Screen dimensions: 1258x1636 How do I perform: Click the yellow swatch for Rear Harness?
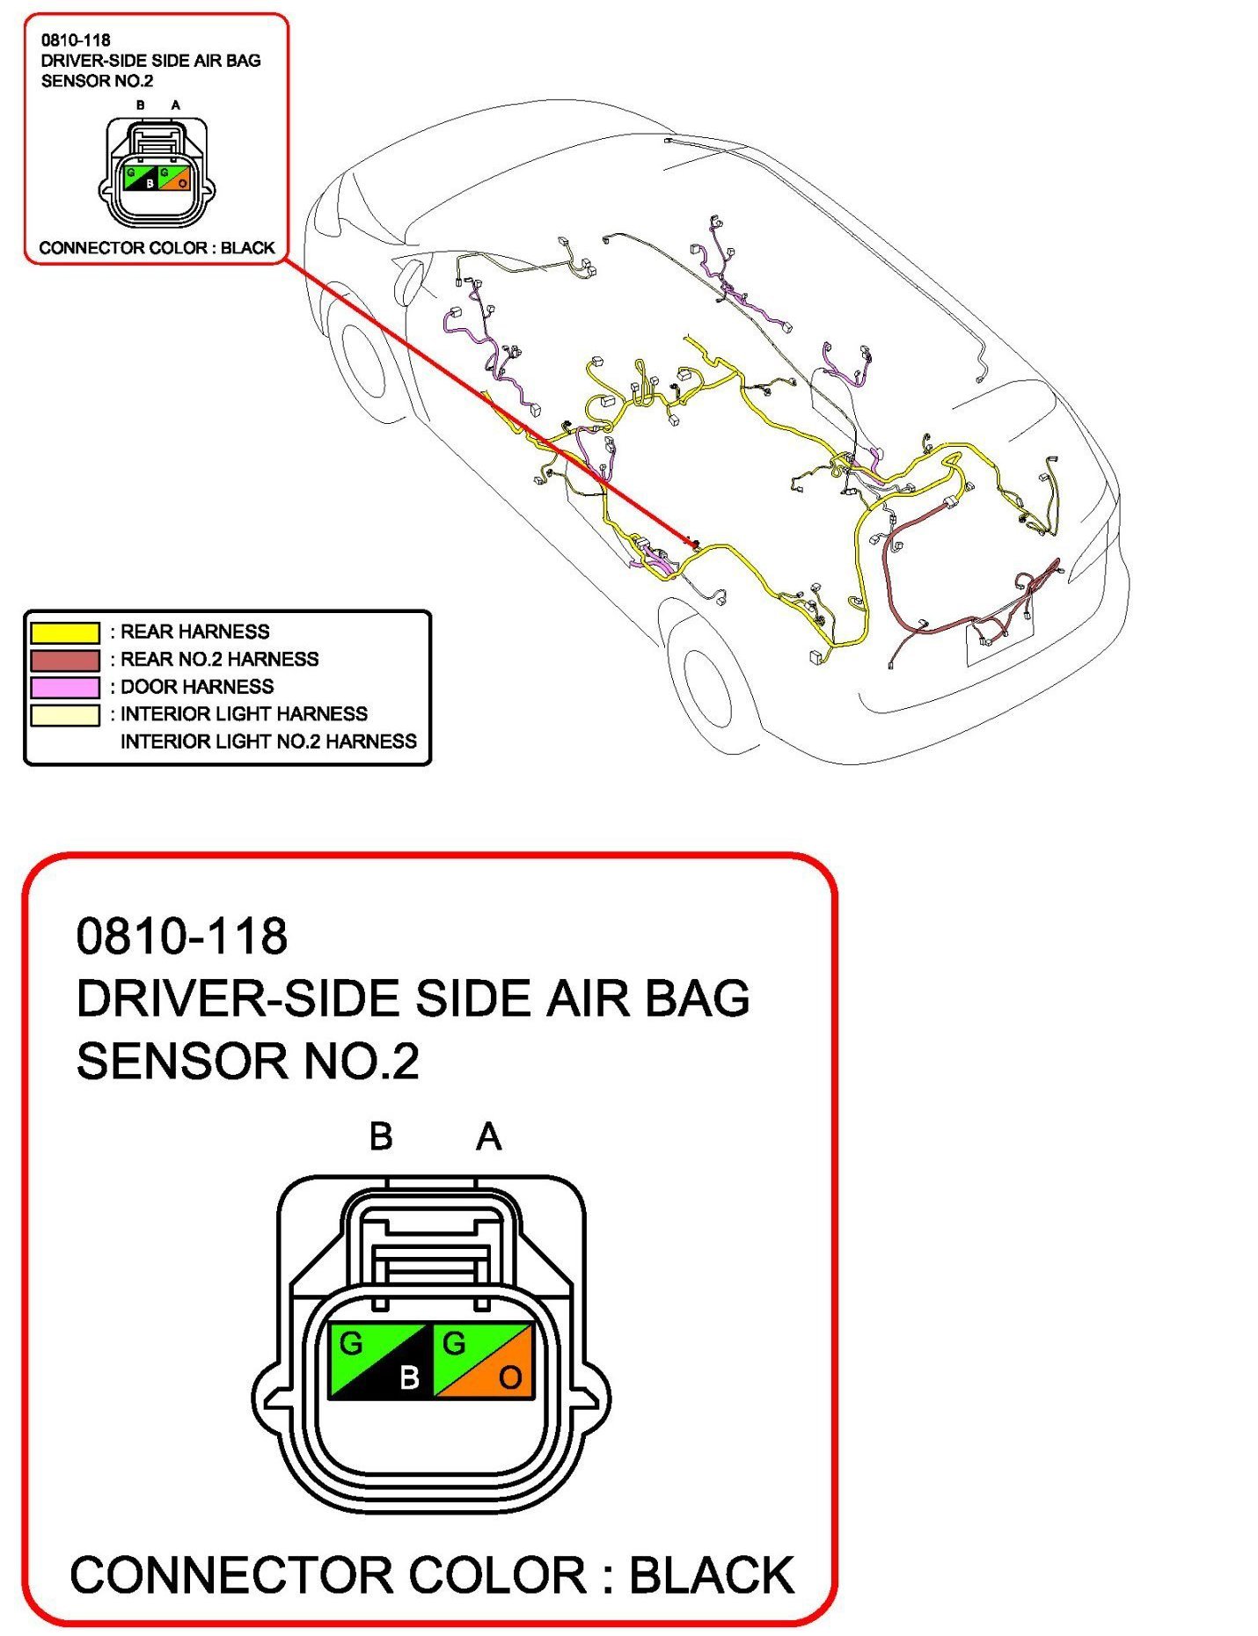click(65, 632)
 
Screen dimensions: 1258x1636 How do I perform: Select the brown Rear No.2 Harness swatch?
click(65, 660)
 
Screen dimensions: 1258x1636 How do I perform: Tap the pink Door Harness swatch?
click(65, 687)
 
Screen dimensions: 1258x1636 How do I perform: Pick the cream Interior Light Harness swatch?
click(65, 714)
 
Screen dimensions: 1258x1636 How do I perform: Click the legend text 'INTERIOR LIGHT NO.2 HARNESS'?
click(268, 741)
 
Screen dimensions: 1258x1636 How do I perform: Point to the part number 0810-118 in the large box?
click(182, 936)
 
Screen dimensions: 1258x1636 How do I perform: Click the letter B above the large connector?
click(381, 1136)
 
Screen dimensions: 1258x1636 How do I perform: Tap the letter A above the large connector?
click(489, 1136)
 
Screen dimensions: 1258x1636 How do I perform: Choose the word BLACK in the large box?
click(712, 1574)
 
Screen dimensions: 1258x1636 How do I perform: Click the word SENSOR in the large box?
click(181, 1061)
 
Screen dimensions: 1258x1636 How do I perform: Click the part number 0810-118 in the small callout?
click(76, 40)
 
